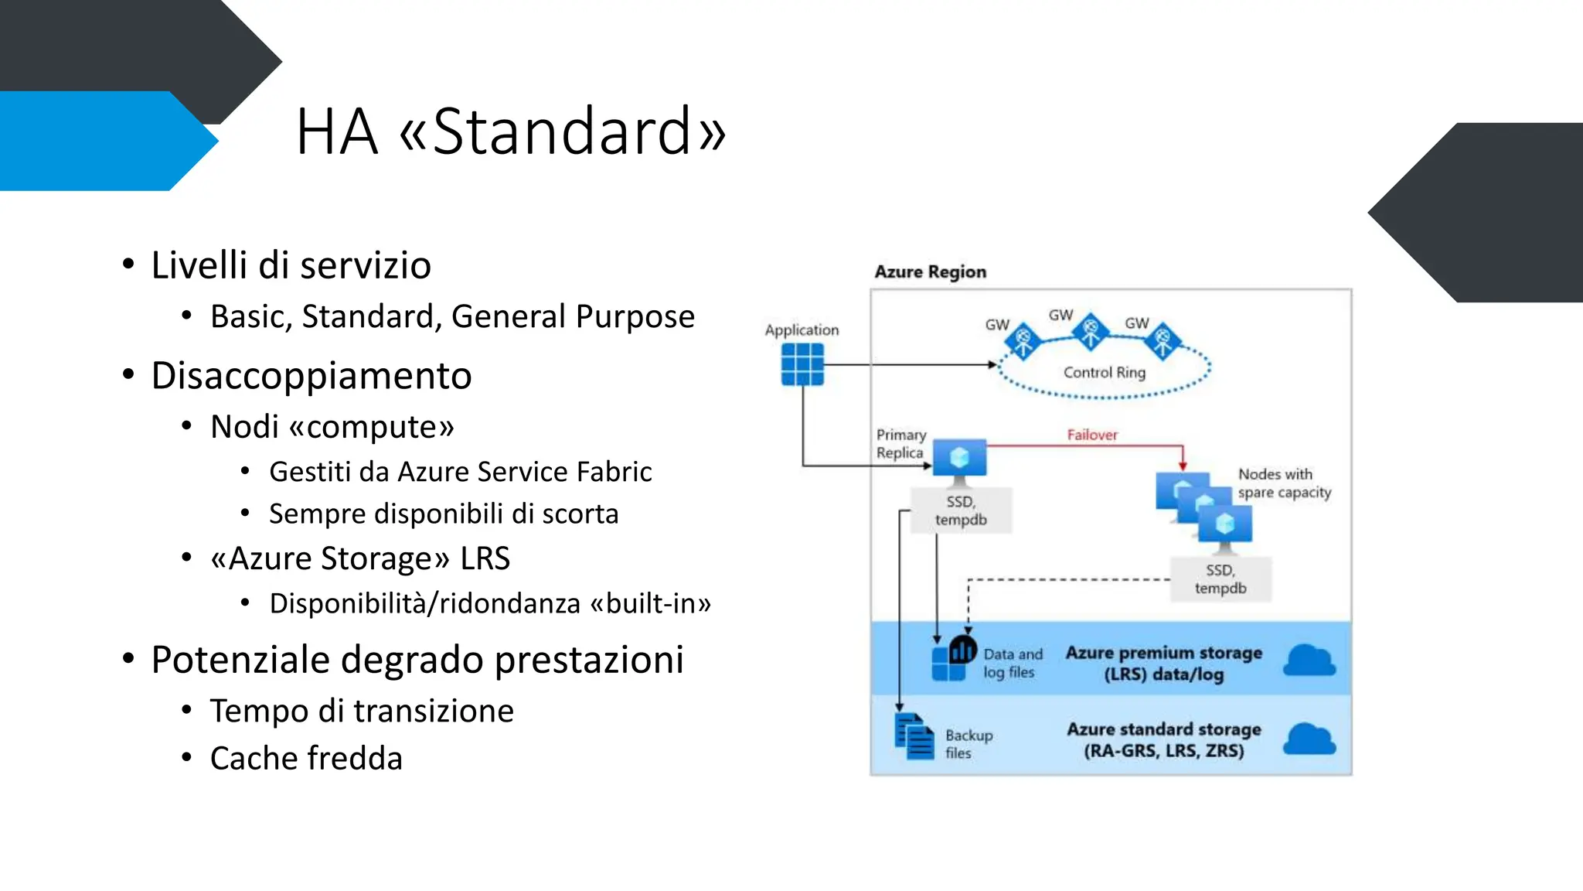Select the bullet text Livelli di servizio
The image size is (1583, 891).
[x=291, y=265]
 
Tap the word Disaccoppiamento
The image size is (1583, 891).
[x=311, y=376]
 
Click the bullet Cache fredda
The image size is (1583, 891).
[x=306, y=758]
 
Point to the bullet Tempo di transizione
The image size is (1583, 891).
[x=362, y=711]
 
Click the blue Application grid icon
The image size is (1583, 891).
[x=802, y=364]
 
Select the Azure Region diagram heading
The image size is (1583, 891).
[x=930, y=272]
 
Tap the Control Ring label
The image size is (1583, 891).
[x=1104, y=373]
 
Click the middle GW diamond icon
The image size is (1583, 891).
[x=1091, y=331]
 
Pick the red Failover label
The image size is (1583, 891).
[x=1091, y=435]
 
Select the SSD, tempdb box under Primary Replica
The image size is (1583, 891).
[x=961, y=510]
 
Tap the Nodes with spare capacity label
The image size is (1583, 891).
[x=1284, y=483]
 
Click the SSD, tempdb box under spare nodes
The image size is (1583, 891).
[x=1220, y=579]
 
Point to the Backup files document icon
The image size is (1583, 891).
[x=914, y=736]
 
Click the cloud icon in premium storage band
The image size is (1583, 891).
[x=1309, y=661]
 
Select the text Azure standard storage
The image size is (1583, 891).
[x=1163, y=729]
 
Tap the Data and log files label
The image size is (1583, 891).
[x=1012, y=664]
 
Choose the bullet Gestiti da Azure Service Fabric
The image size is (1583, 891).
[x=460, y=472]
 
